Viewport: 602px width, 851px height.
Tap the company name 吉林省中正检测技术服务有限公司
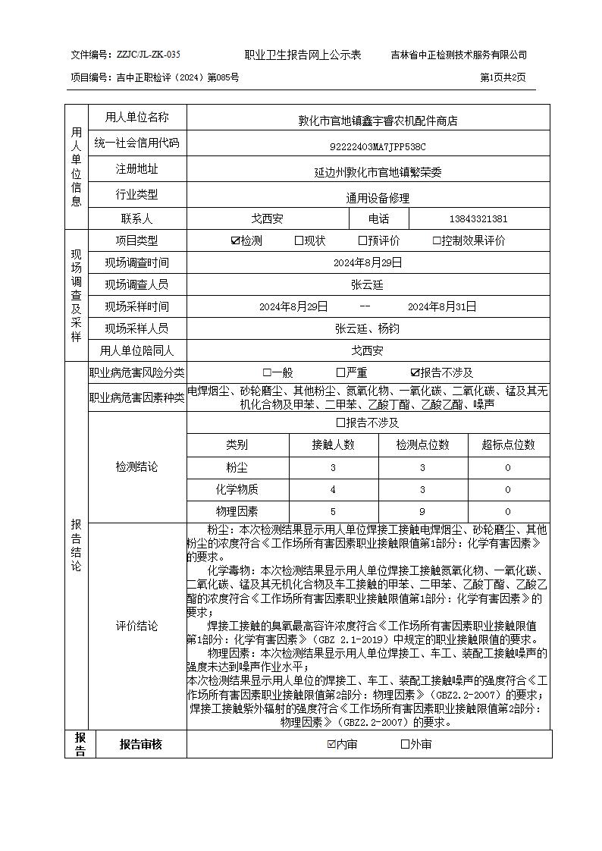click(x=459, y=55)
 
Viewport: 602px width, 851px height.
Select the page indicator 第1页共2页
click(x=503, y=77)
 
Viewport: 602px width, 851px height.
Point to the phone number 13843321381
click(x=478, y=219)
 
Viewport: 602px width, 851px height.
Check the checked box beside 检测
click(x=236, y=241)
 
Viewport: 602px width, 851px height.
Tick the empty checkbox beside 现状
click(x=299, y=241)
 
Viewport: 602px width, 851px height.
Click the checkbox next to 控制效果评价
click(x=437, y=241)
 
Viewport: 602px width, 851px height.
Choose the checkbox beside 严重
click(x=341, y=372)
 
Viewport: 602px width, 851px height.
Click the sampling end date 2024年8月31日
click(x=442, y=306)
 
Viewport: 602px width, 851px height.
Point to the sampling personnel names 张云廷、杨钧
click(x=367, y=328)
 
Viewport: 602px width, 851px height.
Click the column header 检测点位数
click(x=422, y=444)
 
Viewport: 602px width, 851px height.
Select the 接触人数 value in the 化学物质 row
click(x=333, y=489)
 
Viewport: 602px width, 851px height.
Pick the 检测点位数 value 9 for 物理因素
click(x=422, y=511)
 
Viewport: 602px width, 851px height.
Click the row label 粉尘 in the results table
click(x=237, y=467)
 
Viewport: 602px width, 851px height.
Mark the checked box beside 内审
click(x=331, y=744)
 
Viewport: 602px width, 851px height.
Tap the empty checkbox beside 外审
click(x=405, y=744)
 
